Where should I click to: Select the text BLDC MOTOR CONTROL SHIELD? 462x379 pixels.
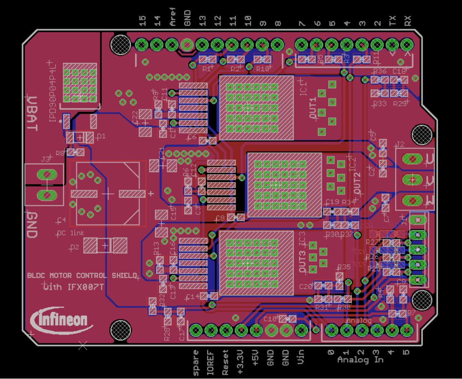(x=82, y=275)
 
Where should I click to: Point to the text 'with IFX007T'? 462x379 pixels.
(x=73, y=287)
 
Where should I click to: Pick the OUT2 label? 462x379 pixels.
(x=357, y=184)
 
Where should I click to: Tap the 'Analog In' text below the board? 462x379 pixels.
(x=360, y=360)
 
